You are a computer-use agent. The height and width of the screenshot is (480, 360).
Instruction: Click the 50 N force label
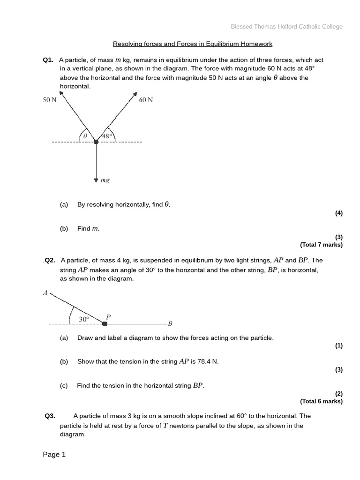[49, 100]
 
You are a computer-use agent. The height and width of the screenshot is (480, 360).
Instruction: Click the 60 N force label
[146, 100]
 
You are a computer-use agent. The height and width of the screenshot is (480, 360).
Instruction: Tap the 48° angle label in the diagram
[107, 136]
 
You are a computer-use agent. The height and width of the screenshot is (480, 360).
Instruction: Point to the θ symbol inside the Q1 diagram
[85, 136]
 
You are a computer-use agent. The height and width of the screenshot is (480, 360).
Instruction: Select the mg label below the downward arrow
[105, 180]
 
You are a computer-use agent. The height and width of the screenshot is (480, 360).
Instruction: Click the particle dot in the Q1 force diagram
[96, 142]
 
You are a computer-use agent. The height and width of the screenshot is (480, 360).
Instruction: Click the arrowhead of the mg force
[96, 180]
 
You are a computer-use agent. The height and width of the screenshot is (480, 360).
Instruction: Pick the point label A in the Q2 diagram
[45, 293]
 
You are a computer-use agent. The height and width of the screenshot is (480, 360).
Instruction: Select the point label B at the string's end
[170, 323]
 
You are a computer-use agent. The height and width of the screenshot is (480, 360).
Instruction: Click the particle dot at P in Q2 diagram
[105, 323]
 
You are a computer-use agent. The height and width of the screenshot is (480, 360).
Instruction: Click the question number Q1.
[48, 60]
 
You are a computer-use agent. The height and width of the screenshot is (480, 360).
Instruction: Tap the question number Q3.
[50, 416]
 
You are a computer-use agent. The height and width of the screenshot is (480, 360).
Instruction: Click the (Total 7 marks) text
[321, 245]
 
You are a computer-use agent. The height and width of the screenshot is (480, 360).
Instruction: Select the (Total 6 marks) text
[321, 401]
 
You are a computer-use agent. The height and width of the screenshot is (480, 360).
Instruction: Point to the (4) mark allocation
[338, 213]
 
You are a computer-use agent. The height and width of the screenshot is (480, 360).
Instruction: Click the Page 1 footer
[54, 454]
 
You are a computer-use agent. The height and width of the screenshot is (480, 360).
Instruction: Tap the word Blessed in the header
[242, 27]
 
